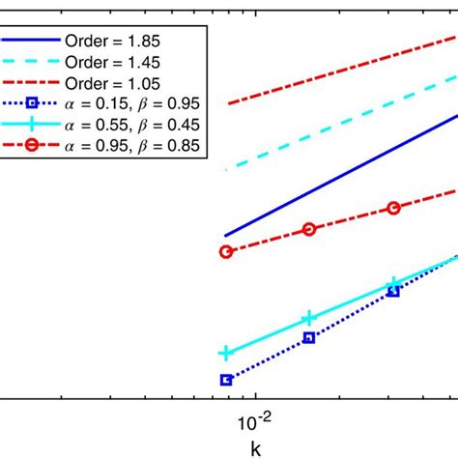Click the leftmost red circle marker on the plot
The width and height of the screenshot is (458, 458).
[x=226, y=251]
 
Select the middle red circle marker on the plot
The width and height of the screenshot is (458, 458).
[x=309, y=229]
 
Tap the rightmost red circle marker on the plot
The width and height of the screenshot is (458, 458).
[x=393, y=208]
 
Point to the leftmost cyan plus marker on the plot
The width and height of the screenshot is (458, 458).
[x=226, y=354]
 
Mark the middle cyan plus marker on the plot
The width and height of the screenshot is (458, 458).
[x=309, y=318]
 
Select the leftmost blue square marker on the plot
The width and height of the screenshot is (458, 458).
[x=226, y=380]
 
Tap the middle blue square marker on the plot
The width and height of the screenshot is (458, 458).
[x=309, y=337]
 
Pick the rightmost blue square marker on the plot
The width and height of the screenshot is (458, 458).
[x=393, y=291]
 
